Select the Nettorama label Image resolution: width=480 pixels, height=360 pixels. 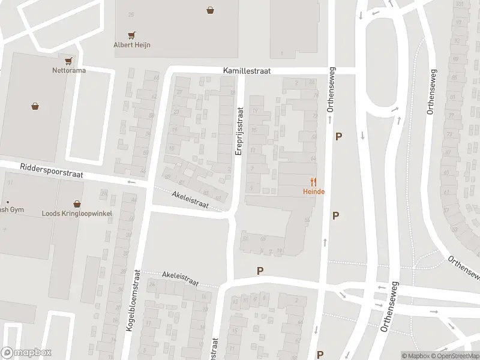(68, 70)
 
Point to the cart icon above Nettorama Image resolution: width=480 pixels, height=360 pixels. (68, 61)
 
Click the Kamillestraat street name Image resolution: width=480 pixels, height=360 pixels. (246, 71)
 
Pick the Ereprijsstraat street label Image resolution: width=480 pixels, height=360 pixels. (239, 132)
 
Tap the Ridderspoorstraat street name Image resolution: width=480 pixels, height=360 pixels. (50, 170)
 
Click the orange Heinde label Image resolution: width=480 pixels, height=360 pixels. (313, 191)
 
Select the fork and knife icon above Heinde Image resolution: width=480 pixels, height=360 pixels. (313, 182)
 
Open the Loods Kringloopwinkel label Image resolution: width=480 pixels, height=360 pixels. (77, 213)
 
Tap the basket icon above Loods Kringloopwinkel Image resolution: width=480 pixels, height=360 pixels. (77, 204)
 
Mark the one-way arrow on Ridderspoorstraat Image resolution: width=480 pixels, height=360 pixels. (131, 181)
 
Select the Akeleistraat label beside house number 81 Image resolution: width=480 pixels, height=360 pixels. (190, 200)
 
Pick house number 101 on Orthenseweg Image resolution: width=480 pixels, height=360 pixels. (460, 5)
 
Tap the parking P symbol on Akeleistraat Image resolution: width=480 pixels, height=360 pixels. (260, 271)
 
